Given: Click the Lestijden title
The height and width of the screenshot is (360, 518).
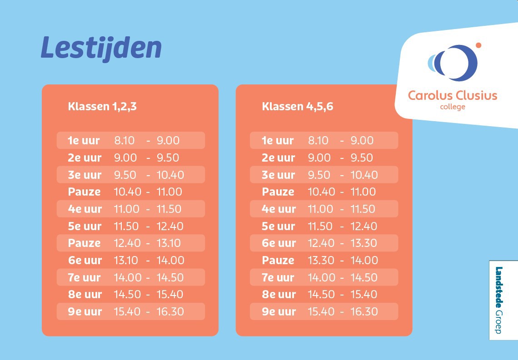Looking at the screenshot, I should (x=101, y=48).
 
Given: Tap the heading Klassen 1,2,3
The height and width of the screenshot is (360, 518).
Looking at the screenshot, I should (x=102, y=107).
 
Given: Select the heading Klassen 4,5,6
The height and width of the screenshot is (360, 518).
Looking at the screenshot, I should (x=298, y=107).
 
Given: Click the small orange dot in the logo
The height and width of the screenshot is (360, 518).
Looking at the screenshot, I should (x=478, y=45).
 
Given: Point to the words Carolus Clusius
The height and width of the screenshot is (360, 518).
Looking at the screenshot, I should (x=453, y=95).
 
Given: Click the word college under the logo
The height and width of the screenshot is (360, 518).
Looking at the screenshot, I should (x=453, y=107).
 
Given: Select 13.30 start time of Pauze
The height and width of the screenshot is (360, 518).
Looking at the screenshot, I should (x=321, y=260).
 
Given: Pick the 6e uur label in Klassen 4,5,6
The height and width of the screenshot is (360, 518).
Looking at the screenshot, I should (x=279, y=243).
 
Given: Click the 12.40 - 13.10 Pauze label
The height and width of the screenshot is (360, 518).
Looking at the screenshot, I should (x=85, y=243).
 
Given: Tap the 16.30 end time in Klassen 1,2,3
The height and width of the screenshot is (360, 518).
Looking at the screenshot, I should (x=170, y=311).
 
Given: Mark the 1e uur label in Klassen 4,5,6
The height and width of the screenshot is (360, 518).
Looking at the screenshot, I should (x=278, y=141).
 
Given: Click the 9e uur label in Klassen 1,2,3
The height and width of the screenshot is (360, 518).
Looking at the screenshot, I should (x=85, y=311).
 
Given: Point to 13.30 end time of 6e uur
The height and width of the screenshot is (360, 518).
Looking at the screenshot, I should (x=364, y=243).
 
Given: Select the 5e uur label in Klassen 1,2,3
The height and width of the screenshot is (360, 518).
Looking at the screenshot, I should (x=85, y=226).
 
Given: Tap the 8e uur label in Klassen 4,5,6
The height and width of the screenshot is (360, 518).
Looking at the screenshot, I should (x=279, y=294).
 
